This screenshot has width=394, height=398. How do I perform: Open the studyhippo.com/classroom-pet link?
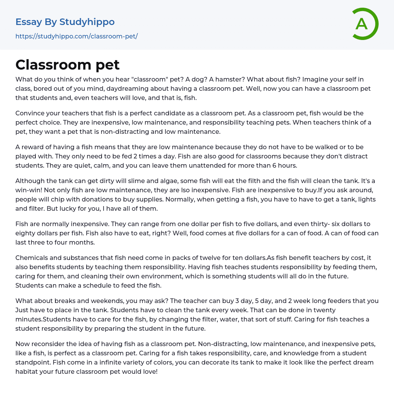click(x=77, y=37)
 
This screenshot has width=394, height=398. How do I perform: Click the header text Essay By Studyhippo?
click(x=65, y=22)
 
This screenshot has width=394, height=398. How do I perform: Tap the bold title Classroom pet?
click(x=68, y=65)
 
